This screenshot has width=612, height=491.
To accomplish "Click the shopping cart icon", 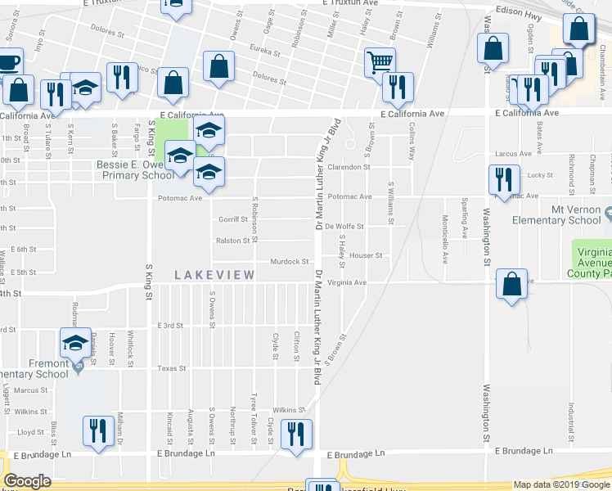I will click(380, 61).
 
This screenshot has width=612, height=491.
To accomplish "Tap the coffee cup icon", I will click(7, 63).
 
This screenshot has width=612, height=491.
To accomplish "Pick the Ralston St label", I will click(232, 241).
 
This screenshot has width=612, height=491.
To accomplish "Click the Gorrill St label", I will click(232, 219).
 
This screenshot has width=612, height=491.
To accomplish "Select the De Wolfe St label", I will click(344, 226).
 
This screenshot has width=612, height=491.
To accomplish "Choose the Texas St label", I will click(172, 368).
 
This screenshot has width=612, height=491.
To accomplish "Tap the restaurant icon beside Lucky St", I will click(501, 179).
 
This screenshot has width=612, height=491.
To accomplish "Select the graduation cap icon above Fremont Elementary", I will click(75, 343).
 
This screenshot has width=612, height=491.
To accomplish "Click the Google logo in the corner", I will click(27, 481).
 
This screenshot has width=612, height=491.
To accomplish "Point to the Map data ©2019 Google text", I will click(561, 484).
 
